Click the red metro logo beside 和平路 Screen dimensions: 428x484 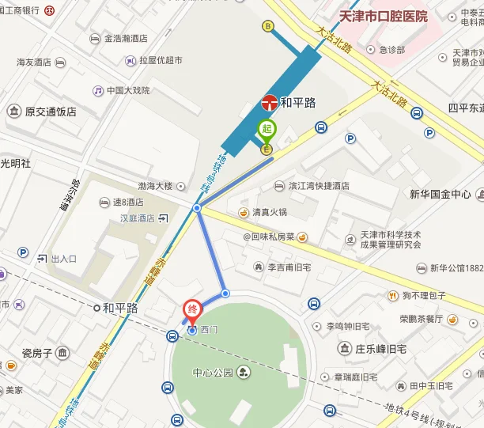click(269, 102)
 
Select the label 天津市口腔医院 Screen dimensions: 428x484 click(383, 16)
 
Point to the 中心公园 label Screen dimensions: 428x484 click(213, 372)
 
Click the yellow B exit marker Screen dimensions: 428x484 click(268, 26)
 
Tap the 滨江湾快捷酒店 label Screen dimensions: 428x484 click(319, 186)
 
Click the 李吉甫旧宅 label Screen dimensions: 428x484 click(296, 267)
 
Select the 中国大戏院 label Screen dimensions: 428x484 click(127, 90)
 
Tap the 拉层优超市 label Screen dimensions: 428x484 click(161, 60)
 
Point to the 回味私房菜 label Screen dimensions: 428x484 click(268, 237)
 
